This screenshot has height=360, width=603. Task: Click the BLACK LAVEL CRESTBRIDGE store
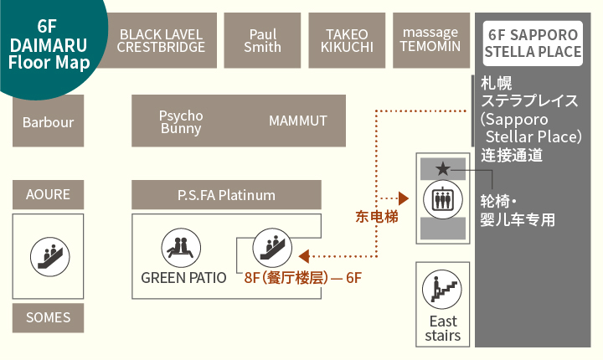click(x=161, y=40)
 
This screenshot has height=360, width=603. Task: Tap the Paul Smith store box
click(x=262, y=40)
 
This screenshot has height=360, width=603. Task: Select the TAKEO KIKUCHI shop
click(x=346, y=40)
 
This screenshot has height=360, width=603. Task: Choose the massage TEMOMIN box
click(x=430, y=40)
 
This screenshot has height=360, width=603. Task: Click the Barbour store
click(x=48, y=122)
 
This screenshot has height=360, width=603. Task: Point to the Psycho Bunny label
click(x=181, y=122)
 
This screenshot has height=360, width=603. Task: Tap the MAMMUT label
click(x=297, y=121)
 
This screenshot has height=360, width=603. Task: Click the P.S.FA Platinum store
click(x=226, y=195)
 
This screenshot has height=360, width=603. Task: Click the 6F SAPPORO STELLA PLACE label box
click(x=533, y=44)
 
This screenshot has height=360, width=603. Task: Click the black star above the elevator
click(x=443, y=169)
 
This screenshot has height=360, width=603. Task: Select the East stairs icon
click(x=443, y=290)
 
